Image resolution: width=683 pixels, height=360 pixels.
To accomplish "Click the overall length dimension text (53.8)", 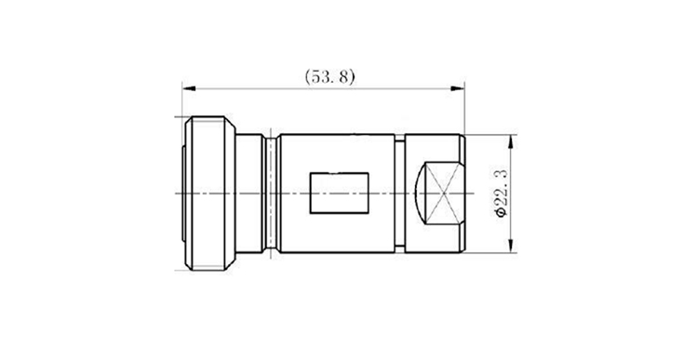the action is [x=329, y=76].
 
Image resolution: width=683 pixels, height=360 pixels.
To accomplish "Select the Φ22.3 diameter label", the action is [x=502, y=193].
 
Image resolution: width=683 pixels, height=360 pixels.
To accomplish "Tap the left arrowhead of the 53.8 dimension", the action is [x=189, y=88].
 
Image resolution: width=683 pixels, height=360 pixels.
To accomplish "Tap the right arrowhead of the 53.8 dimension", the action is [x=458, y=88].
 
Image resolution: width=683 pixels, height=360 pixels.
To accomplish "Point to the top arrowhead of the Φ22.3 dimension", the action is [x=512, y=141].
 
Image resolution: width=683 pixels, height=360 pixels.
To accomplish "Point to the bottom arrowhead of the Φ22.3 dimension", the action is [x=512, y=246].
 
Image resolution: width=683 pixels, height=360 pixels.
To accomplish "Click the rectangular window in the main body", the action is [x=340, y=193].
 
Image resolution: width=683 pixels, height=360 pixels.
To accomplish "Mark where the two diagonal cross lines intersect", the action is [x=443, y=193].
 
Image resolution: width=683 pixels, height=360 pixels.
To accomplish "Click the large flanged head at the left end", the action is [x=210, y=193].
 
